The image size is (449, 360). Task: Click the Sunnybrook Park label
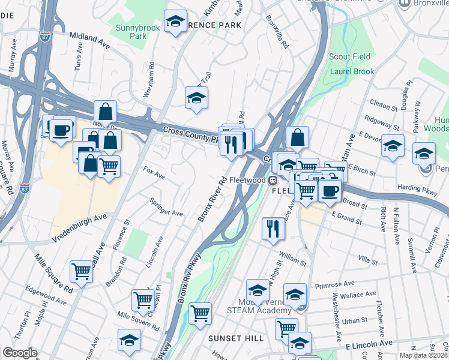[130, 32]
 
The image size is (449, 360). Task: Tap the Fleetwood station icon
[273, 179]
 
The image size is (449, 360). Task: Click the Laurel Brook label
[352, 71]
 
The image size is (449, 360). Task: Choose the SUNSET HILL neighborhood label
[236, 338]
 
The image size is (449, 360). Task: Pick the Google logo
[20, 353]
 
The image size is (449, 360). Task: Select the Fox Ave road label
[154, 173]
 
